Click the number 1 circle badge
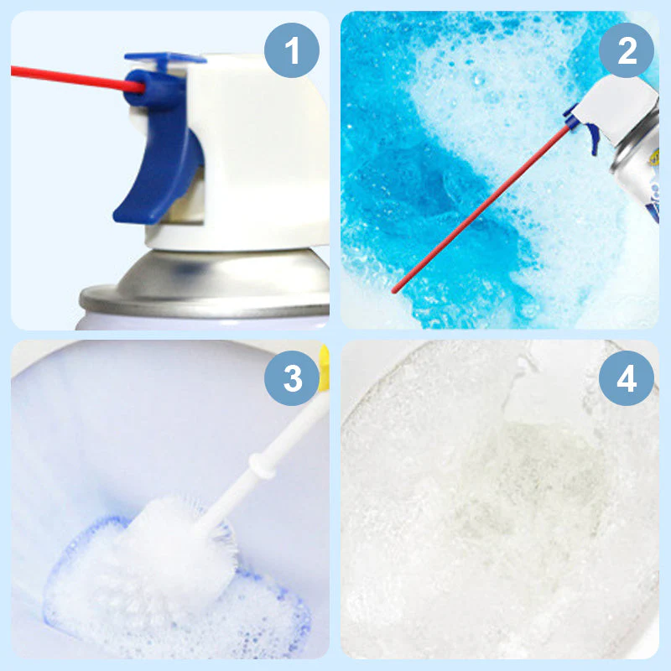[x=291, y=51]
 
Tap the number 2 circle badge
[x=627, y=51]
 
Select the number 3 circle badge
[x=291, y=378]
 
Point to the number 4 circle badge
[x=627, y=379]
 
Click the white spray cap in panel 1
[x=260, y=151]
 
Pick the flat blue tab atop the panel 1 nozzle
[x=164, y=60]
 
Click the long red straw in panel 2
[x=486, y=201]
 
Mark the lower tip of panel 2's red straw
[x=395, y=290]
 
